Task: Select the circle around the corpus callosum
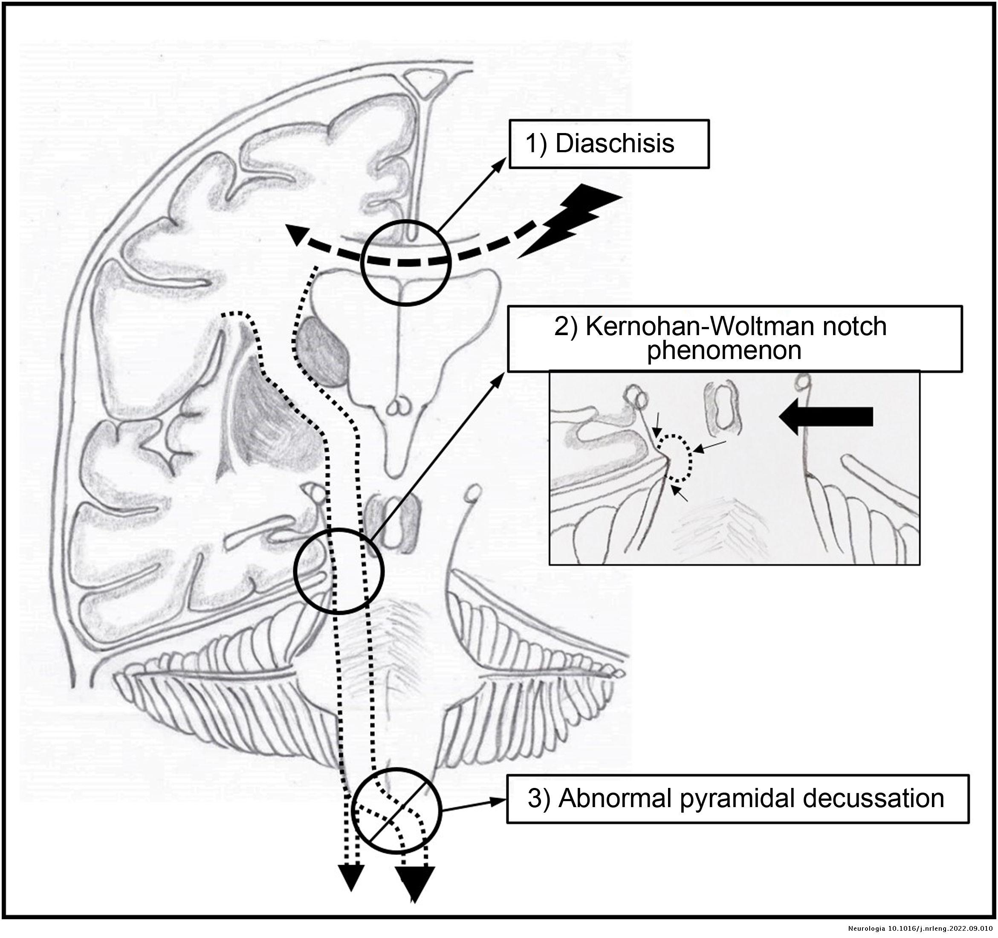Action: click(405, 262)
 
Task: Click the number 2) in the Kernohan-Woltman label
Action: click(567, 327)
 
